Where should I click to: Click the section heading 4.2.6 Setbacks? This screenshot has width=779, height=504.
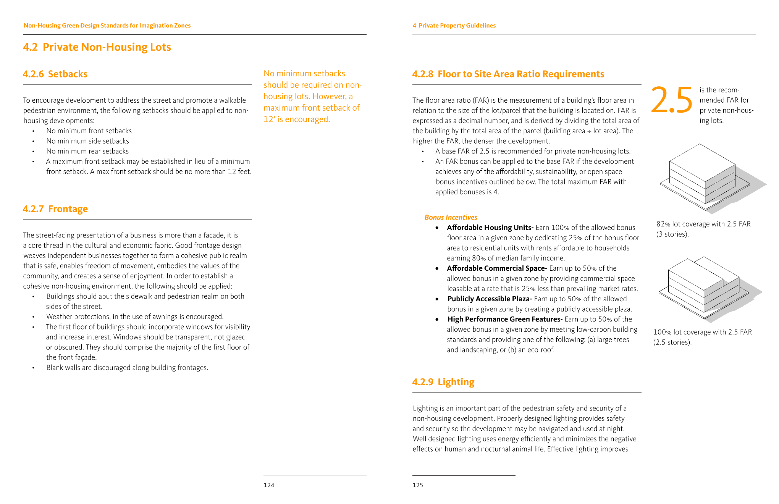[55, 74]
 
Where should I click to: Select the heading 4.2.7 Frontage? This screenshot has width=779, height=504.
[55, 209]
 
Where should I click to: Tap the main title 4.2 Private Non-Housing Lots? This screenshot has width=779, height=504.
[97, 47]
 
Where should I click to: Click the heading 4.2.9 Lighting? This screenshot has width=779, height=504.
[443, 382]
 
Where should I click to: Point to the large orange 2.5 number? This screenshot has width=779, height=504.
[671, 100]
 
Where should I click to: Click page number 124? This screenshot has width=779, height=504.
[269, 485]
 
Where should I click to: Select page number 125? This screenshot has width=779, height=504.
[418, 485]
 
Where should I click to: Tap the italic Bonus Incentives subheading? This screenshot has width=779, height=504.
[451, 217]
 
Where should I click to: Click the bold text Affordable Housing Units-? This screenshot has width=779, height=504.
[490, 228]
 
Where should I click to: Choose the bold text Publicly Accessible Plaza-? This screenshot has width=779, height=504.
[490, 299]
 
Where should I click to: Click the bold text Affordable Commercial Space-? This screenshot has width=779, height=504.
[497, 268]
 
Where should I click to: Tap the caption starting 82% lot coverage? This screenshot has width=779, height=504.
[703, 229]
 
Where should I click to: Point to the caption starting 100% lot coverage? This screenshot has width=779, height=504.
[702, 337]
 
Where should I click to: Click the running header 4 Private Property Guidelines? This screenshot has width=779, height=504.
[454, 26]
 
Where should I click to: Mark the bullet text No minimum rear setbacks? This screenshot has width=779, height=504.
[87, 151]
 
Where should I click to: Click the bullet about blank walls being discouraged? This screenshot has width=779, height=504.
[127, 368]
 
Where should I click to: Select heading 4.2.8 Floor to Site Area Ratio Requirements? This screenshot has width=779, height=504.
[508, 74]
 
